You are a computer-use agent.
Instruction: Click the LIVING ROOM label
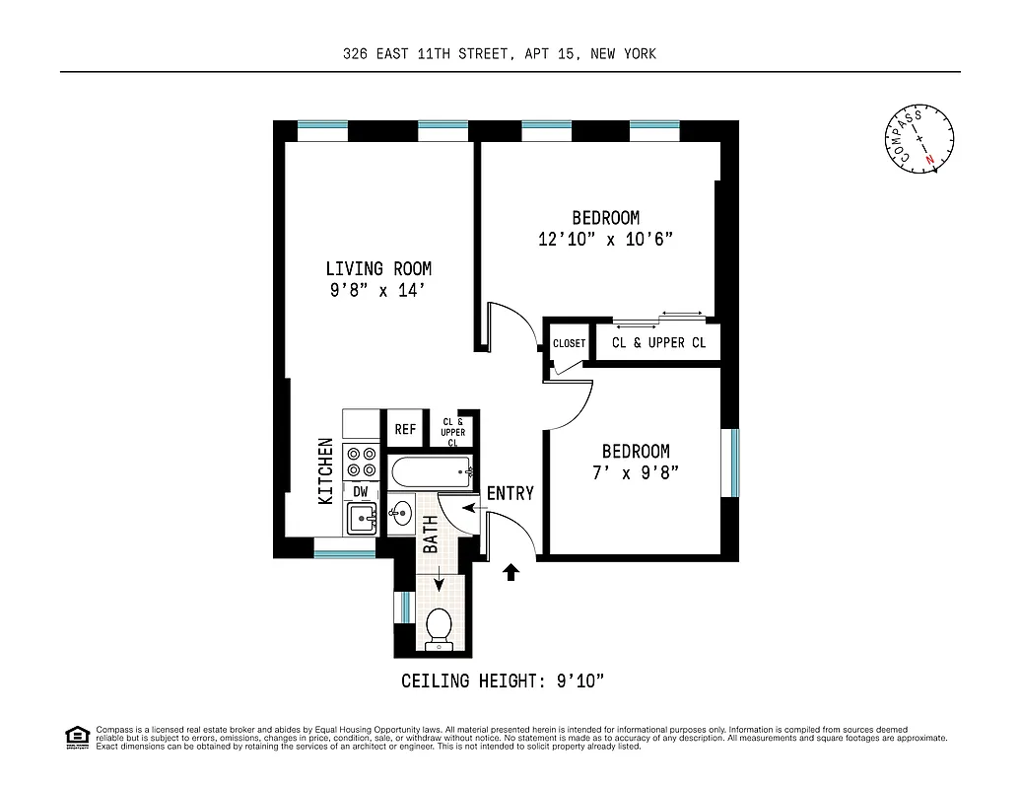378,268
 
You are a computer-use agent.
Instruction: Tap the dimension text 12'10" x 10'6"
605,240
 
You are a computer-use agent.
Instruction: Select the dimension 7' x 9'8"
636,472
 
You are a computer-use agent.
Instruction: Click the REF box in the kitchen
405,429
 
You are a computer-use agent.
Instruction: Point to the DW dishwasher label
361,491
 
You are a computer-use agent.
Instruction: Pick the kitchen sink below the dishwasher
362,518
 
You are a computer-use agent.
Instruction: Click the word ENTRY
510,493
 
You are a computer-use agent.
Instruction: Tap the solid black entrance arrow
510,572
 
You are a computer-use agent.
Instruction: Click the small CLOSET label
569,343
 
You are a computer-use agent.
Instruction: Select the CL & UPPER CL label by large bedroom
658,343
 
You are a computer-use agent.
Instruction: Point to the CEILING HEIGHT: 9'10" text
502,681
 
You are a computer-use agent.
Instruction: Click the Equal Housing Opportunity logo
76,736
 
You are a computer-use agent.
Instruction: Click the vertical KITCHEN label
325,471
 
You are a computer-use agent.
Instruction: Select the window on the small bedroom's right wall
731,463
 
